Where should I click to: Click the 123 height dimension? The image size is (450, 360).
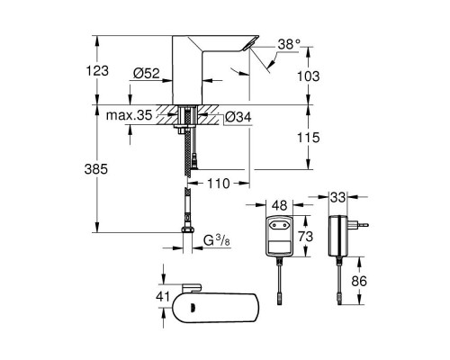coord(97,71)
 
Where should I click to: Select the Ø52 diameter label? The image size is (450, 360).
coord(147,73)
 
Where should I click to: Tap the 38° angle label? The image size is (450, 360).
coord(289,44)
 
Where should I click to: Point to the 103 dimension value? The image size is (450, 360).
coord(309,76)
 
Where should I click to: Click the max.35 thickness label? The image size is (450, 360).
coord(130,115)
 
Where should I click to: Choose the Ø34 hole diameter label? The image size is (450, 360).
coord(238,117)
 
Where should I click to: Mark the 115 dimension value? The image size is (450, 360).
coord(309,138)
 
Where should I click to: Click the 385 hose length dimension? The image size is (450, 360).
coord(96,169)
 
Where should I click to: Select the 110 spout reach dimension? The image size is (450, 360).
coord(219,184)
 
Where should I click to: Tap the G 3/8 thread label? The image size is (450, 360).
coord(217,240)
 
